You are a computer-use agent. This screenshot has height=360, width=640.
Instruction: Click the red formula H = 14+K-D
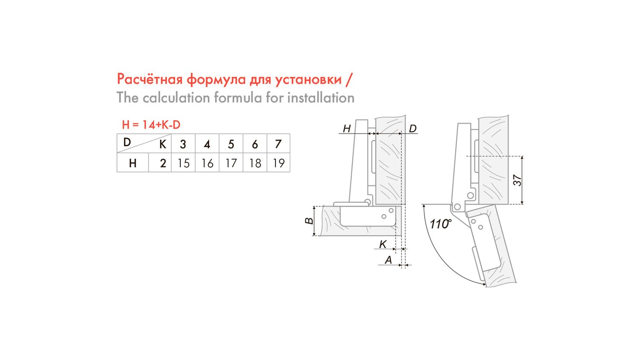click(x=151, y=125)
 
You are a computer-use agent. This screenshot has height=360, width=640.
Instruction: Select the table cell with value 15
click(x=183, y=163)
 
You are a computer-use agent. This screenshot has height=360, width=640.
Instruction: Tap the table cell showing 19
click(x=279, y=163)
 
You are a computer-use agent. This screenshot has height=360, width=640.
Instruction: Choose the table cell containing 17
click(x=231, y=163)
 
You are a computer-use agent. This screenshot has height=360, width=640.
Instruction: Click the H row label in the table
click(x=133, y=163)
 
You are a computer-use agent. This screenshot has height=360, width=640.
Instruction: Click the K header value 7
click(x=278, y=144)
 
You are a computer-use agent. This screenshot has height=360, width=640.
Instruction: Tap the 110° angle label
click(x=440, y=224)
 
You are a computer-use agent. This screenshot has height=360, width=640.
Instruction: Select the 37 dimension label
click(x=518, y=180)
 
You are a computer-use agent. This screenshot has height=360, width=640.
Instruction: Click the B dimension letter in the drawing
click(x=309, y=221)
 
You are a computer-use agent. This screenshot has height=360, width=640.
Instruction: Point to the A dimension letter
click(x=388, y=260)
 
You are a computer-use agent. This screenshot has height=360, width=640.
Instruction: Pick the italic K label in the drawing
click(x=383, y=244)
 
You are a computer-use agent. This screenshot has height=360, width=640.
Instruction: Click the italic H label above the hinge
click(x=346, y=128)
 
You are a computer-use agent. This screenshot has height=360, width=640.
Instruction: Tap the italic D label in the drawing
click(x=413, y=128)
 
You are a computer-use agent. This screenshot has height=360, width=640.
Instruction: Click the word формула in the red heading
click(x=216, y=79)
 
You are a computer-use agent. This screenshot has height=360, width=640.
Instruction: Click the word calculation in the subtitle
click(x=176, y=98)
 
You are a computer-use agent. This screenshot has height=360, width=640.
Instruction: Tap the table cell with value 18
click(x=255, y=163)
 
